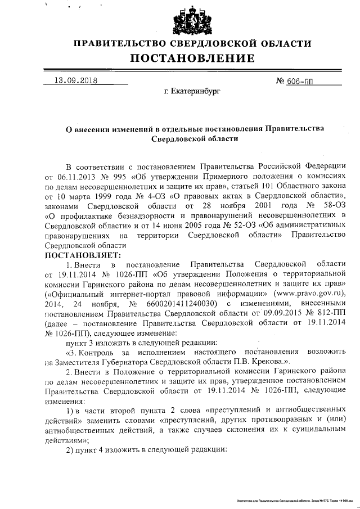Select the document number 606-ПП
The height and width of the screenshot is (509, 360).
(300, 80)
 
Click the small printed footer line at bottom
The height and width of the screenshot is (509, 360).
(295, 499)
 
